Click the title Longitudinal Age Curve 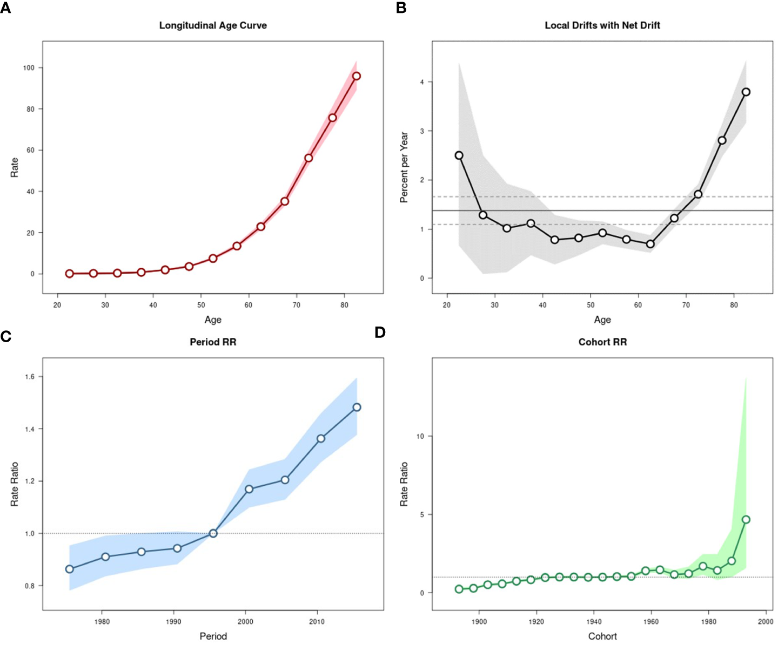[213, 25]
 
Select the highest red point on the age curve [356, 76]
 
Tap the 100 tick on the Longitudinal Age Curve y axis [29, 68]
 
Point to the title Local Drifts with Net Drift [602, 25]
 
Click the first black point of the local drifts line [459, 155]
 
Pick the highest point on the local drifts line [746, 92]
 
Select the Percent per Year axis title [404, 167]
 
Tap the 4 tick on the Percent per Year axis [422, 82]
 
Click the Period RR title [213, 342]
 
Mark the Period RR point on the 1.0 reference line [213, 533]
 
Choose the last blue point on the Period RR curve [357, 407]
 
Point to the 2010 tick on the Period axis [317, 621]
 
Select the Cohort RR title [602, 342]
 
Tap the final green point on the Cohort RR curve [746, 519]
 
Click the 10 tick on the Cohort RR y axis [420, 436]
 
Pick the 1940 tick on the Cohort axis [594, 621]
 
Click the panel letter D [380, 332]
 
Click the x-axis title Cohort [602, 636]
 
